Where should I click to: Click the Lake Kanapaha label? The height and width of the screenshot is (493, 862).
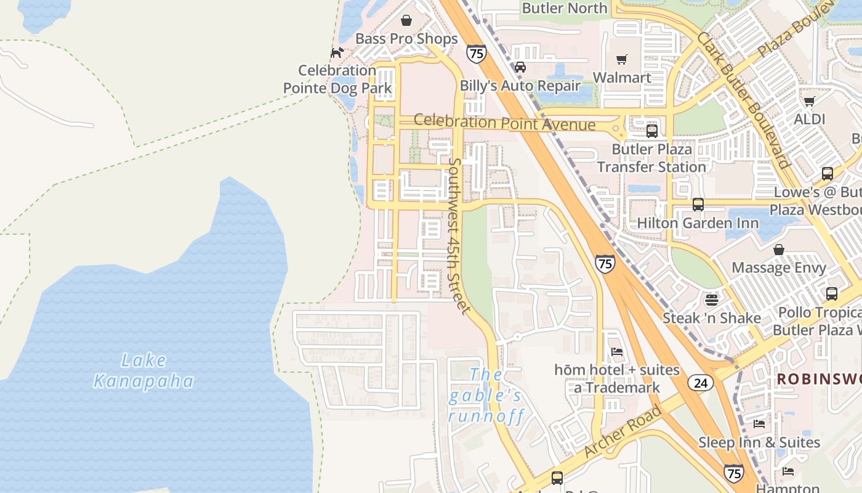point(143,370)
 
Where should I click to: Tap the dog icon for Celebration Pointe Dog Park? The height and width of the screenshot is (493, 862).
point(336,53)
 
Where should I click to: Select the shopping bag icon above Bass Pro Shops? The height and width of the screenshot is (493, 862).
point(406,21)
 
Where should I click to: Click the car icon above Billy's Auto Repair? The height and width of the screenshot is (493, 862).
point(520,67)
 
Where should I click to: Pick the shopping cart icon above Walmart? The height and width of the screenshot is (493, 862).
point(622,60)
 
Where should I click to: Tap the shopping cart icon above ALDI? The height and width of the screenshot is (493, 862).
point(809,101)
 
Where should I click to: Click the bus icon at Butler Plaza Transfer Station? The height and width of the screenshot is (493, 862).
point(651,131)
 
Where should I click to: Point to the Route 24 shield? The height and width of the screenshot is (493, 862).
point(701,382)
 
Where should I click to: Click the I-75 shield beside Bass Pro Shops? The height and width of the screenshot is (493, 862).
point(476,54)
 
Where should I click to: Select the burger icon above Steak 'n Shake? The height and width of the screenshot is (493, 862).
point(712,300)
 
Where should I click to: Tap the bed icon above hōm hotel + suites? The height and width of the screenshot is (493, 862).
point(616,352)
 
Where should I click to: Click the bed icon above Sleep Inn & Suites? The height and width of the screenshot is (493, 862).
point(759,424)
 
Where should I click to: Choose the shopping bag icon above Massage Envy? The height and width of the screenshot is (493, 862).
point(779,250)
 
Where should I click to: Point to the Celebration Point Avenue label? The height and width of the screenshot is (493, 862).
point(504,122)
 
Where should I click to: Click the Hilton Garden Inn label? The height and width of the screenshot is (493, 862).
point(698,222)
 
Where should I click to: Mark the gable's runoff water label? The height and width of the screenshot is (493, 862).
point(486,396)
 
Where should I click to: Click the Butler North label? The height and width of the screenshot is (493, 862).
point(565,8)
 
